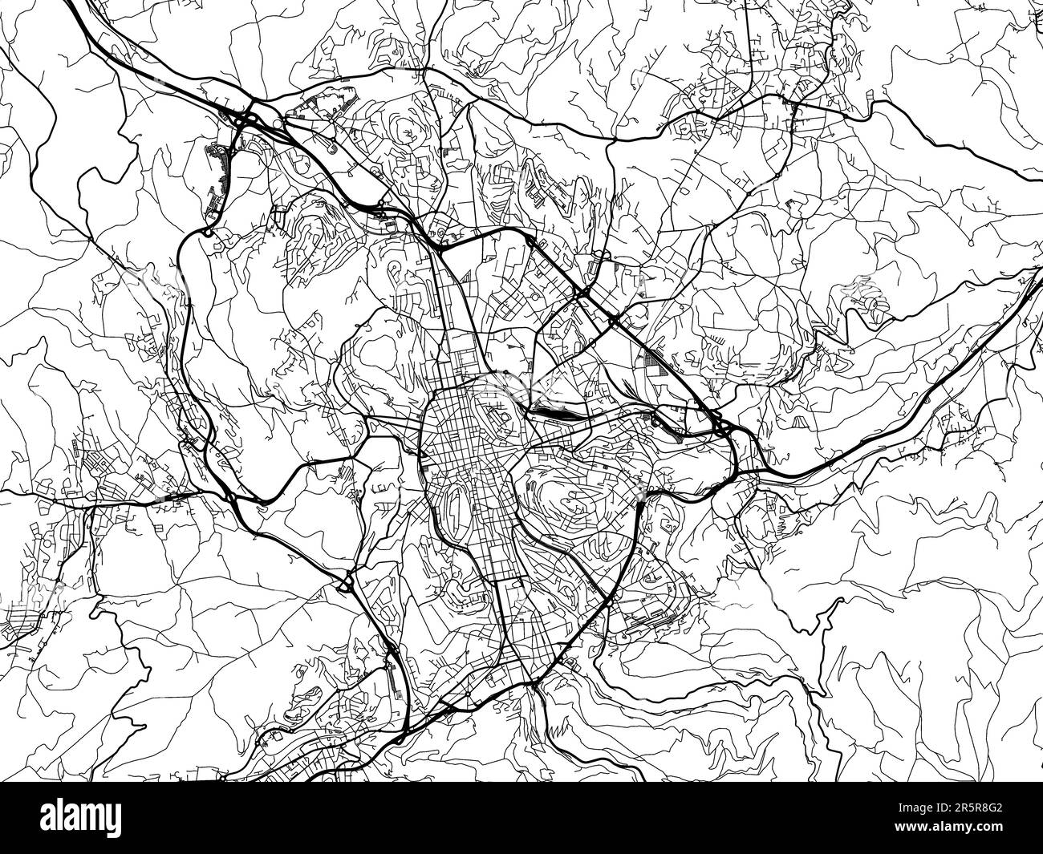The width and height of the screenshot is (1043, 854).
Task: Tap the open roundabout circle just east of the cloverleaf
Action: pos(278,123)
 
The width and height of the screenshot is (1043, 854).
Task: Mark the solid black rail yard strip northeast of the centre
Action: pos(550,412)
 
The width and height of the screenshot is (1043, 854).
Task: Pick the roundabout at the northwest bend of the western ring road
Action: pos(208,233)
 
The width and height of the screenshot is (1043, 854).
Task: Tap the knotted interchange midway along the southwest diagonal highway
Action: pos(347,582)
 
